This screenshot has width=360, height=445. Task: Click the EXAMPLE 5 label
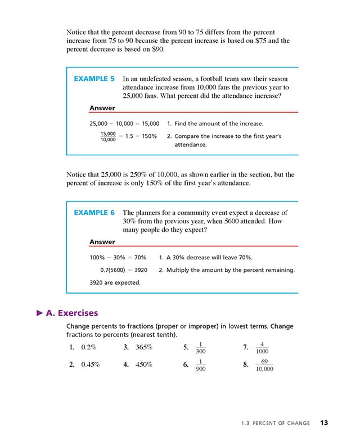click(94, 79)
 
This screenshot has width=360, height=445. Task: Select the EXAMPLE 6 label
click(94, 213)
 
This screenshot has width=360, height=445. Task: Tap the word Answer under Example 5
click(102, 108)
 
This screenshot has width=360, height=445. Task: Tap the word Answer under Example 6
click(102, 242)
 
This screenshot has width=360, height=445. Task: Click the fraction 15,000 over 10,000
click(108, 136)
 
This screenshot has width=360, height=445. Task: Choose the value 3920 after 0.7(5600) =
click(137, 270)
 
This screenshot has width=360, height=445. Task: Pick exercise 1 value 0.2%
click(89, 347)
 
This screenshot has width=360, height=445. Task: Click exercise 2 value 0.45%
click(91, 365)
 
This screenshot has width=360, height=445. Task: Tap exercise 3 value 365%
click(144, 347)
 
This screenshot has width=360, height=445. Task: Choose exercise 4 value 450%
click(144, 365)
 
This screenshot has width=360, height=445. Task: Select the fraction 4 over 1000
click(262, 347)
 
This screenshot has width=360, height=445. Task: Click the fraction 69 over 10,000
click(264, 365)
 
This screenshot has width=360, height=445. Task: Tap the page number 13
click(325, 422)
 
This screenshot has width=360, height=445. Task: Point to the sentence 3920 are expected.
click(115, 282)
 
